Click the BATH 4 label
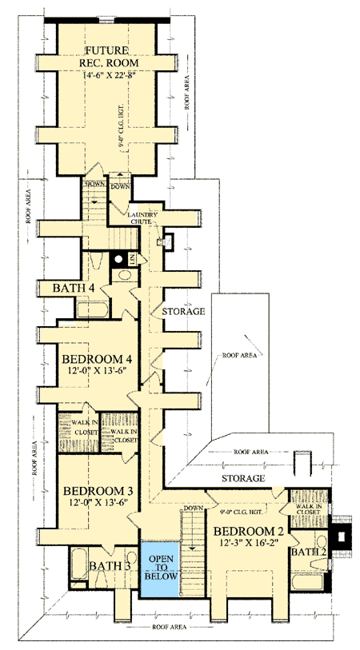(x=74, y=288)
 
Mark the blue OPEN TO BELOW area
(x=161, y=568)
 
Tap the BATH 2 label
(x=306, y=552)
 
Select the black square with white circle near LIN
(x=119, y=258)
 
